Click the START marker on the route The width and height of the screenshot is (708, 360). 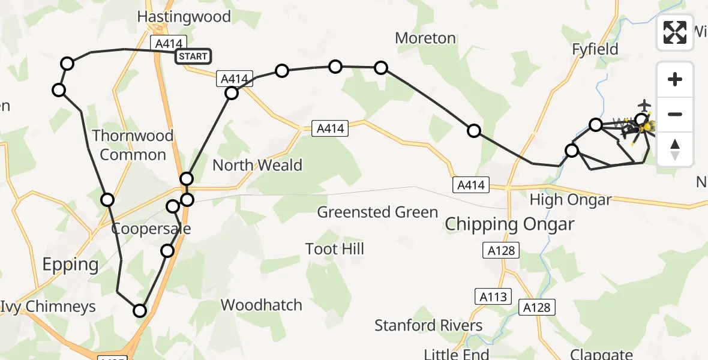193,56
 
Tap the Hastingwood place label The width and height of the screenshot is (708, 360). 184,16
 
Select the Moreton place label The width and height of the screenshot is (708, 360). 425,38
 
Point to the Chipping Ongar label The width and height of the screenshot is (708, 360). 509,225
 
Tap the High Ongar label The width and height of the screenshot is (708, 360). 570,200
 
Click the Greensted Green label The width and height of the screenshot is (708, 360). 377,212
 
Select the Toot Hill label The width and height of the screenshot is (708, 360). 334,248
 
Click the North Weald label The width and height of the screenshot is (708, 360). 257,165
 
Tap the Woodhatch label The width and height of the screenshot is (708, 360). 261,305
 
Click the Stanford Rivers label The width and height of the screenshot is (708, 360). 428,325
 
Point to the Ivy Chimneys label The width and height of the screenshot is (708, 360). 48,307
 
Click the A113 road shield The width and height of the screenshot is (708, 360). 494,296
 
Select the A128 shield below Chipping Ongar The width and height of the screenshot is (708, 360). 501,250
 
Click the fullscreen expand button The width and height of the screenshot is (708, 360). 675,32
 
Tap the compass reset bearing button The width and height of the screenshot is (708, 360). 675,149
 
